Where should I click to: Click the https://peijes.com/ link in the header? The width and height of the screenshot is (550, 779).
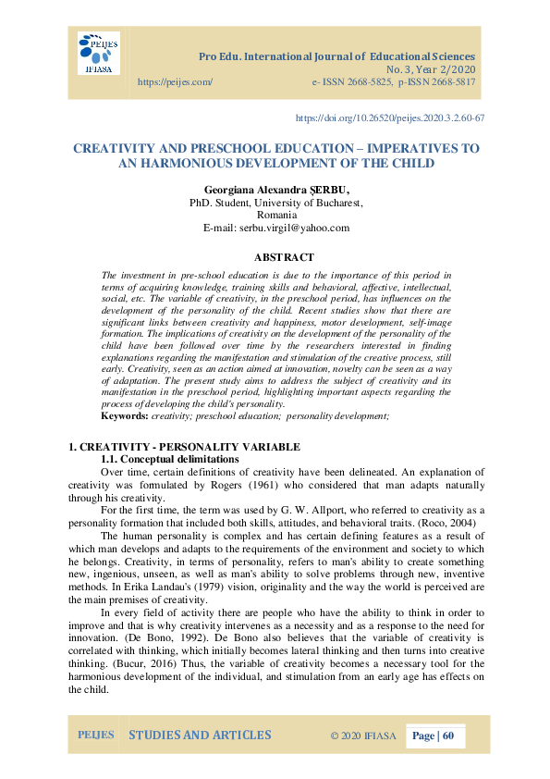pyautogui.click(x=175, y=82)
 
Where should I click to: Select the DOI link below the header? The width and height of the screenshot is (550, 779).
pyautogui.click(x=389, y=118)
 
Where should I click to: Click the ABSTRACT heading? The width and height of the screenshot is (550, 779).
pyautogui.click(x=283, y=257)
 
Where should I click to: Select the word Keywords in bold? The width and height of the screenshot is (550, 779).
pyautogui.click(x=124, y=417)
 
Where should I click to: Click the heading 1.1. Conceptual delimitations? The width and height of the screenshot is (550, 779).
pyautogui.click(x=162, y=459)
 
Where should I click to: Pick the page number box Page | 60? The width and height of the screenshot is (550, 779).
pyautogui.click(x=434, y=736)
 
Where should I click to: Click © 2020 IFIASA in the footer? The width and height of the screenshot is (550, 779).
pyautogui.click(x=363, y=736)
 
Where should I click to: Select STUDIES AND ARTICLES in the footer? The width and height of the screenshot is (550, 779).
pyautogui.click(x=200, y=736)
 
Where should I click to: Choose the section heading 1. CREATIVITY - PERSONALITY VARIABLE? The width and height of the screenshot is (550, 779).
pyautogui.click(x=185, y=447)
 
